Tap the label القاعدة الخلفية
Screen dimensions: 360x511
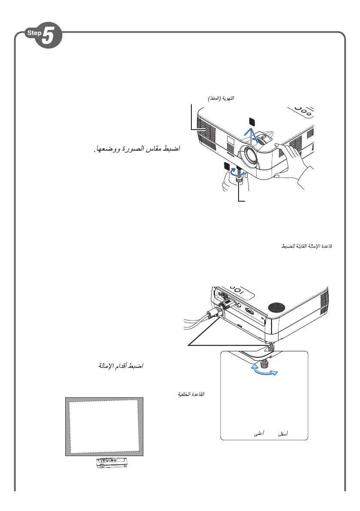191,394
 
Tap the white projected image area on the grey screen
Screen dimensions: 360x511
104,426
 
